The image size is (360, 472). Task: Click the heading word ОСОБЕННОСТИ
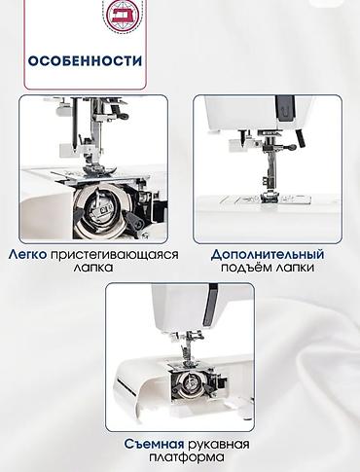(85, 61)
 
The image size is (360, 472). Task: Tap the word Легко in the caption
(27, 254)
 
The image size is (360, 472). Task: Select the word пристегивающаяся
(115, 255)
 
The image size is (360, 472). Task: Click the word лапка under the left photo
(93, 268)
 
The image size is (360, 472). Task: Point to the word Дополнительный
(268, 255)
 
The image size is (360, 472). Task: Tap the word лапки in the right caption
(295, 268)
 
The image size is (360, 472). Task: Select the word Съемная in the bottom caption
(155, 444)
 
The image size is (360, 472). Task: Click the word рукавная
(219, 445)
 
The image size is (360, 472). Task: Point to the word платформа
(187, 457)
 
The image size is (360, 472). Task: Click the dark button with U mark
(285, 110)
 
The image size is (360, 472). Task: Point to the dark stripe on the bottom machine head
(208, 305)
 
